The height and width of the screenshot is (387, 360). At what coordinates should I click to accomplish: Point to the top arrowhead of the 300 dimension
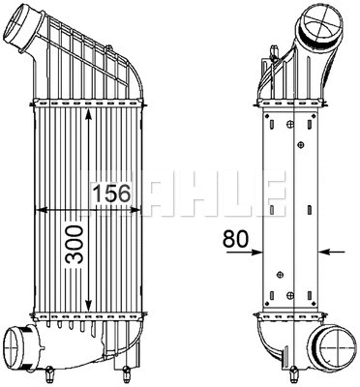click(x=89, y=110)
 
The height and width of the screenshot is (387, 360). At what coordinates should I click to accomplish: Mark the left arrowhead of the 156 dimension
click(x=40, y=207)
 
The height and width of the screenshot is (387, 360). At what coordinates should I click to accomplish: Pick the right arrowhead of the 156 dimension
click(x=142, y=207)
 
